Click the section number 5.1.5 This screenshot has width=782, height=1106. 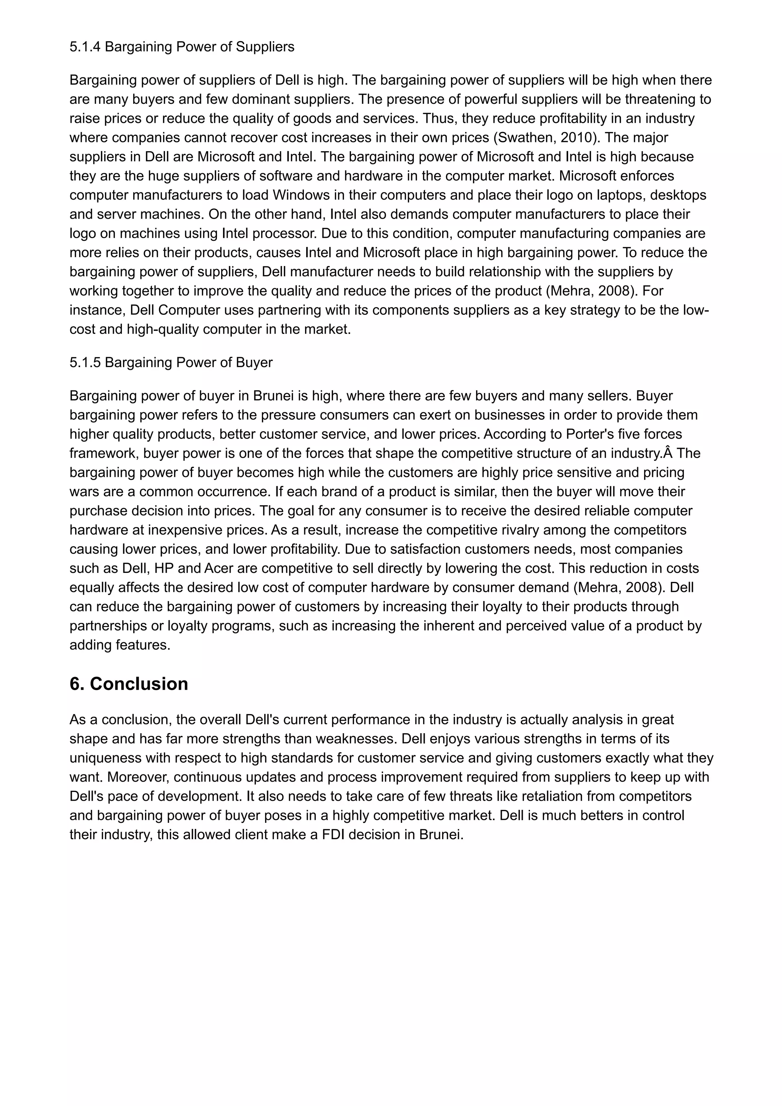pos(85,362)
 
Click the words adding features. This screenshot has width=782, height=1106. pos(120,645)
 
